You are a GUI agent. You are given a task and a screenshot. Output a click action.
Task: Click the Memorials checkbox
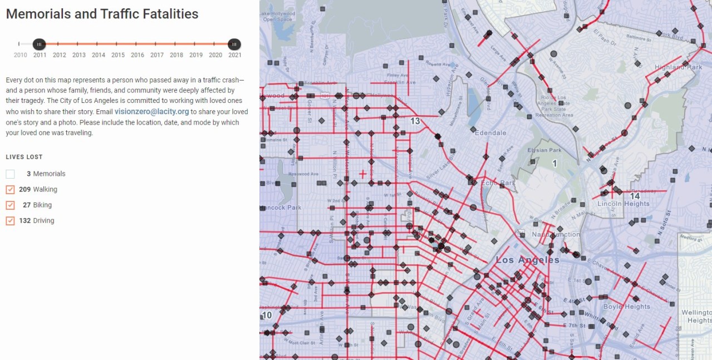pyautogui.click(x=10, y=174)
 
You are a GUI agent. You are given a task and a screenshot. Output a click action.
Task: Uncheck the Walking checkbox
pyautogui.click(x=10, y=190)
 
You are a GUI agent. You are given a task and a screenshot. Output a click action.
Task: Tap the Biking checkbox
pyautogui.click(x=10, y=205)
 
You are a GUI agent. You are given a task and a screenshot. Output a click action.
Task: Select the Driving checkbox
pyautogui.click(x=10, y=221)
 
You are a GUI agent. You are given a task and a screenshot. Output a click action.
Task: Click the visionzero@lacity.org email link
pyautogui.click(x=151, y=112)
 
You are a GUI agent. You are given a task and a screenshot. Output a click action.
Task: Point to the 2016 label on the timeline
pyautogui.click(x=138, y=55)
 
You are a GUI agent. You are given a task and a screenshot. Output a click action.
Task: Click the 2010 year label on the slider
pyautogui.click(x=20, y=55)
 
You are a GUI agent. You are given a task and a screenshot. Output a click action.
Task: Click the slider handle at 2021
pyautogui.click(x=234, y=44)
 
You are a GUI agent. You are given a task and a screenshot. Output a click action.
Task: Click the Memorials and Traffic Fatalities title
pyautogui.click(x=102, y=14)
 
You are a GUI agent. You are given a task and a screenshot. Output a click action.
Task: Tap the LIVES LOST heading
pyautogui.click(x=24, y=157)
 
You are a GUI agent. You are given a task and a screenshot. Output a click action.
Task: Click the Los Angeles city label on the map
pyautogui.click(x=527, y=260)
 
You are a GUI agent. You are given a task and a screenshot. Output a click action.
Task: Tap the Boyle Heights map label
pyautogui.click(x=626, y=307)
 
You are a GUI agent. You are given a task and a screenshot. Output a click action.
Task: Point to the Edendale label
pyautogui.click(x=490, y=133)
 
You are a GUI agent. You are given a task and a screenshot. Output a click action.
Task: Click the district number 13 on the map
pyautogui.click(x=415, y=121)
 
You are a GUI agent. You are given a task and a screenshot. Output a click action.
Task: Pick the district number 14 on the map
pyautogui.click(x=635, y=196)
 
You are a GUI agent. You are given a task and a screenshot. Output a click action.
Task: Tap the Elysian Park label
pyautogui.click(x=544, y=150)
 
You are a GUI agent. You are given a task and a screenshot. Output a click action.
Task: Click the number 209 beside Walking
pyautogui.click(x=24, y=190)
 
